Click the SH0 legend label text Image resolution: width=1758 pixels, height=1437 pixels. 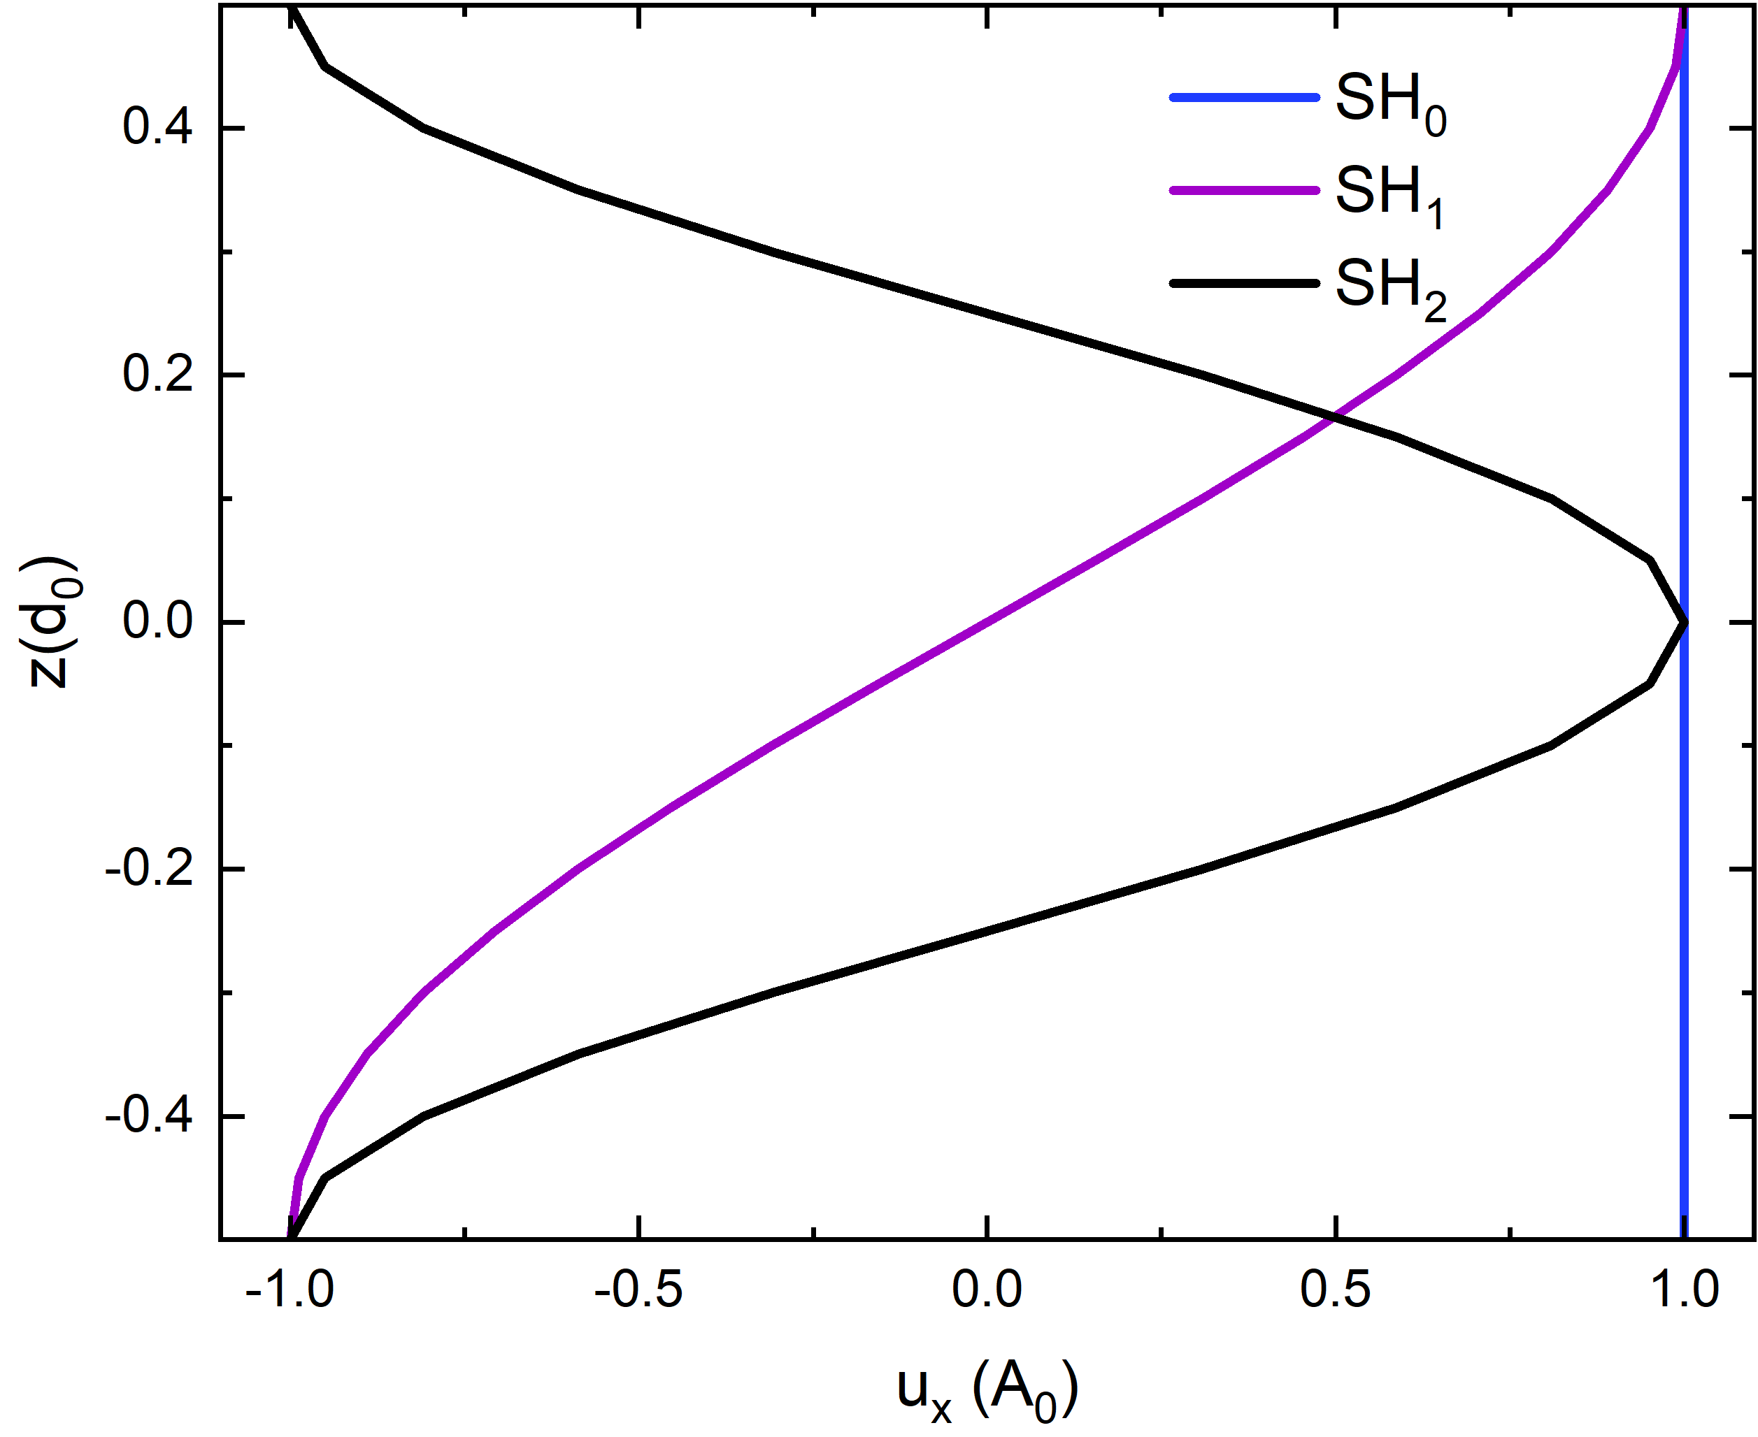click(1390, 102)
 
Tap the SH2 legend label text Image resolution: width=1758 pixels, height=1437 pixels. click(1390, 288)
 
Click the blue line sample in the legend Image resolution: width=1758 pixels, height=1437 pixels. click(1244, 98)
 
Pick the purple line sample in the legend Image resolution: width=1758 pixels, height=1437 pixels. click(1244, 190)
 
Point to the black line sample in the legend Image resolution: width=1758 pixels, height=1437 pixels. click(1244, 283)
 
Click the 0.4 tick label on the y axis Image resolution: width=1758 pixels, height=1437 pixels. click(157, 129)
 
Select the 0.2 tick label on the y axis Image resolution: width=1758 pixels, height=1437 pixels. click(157, 375)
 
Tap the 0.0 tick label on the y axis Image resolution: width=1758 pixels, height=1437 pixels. click(157, 621)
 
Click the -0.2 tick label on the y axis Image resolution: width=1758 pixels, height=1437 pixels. click(149, 869)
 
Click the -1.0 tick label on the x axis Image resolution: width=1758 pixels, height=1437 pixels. click(290, 1290)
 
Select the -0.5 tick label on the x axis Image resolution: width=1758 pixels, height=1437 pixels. click(638, 1290)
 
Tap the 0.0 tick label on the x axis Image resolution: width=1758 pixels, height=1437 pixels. click(987, 1290)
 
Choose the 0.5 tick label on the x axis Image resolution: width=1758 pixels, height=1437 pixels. click(1336, 1290)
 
